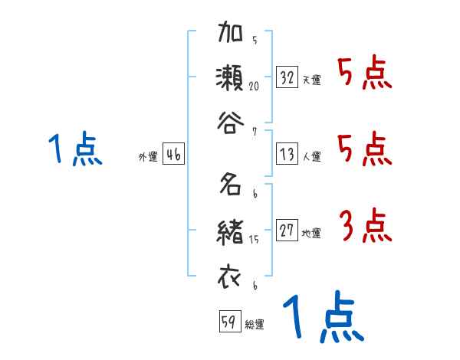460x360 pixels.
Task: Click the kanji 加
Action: (x=231, y=35)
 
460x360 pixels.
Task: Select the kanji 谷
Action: (x=231, y=121)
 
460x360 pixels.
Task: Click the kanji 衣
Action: (x=231, y=275)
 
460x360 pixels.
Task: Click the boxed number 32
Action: (x=287, y=77)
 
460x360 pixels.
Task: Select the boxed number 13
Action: (x=287, y=155)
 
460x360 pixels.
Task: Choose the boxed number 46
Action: (x=173, y=155)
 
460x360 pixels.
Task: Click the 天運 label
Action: (x=311, y=80)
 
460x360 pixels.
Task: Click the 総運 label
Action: (x=255, y=324)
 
